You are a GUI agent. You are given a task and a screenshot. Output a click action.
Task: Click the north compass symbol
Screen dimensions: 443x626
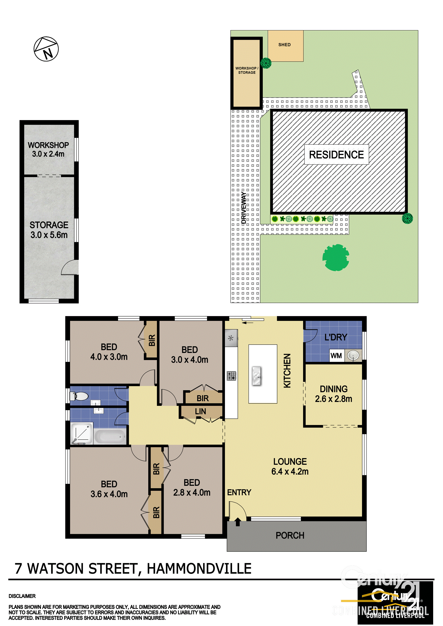pos(46,49)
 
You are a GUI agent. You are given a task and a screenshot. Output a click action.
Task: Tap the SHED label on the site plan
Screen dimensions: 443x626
pos(284,45)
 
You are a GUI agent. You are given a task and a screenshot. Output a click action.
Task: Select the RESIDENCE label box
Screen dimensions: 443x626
pos(336,155)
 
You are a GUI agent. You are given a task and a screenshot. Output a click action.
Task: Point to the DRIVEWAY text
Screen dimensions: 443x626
pos(244,208)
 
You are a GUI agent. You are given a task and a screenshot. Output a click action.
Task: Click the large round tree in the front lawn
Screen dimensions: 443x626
pos(335,257)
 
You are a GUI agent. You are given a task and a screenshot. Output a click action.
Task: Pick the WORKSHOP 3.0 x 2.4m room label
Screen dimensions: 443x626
pos(48,149)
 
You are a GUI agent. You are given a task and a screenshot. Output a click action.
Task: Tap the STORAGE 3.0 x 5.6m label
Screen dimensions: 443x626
pos(49,230)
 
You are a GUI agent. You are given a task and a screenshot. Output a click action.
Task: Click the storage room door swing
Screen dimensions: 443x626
pos(70,267)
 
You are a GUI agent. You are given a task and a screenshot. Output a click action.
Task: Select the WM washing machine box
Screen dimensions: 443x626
pos(336,355)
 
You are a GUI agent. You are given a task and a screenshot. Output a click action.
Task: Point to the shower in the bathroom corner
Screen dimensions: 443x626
pos(82,433)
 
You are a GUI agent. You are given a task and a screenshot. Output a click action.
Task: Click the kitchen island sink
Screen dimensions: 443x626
pos(257,376)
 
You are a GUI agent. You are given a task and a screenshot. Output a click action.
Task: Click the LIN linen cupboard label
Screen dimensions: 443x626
pos(200,412)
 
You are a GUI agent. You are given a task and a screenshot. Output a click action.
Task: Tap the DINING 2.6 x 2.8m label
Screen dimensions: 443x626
pos(334,394)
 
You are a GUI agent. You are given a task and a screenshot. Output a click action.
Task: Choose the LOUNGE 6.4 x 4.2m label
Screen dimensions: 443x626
pos(290,466)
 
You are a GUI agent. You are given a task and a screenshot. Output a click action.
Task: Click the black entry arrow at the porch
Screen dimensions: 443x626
pos(237,522)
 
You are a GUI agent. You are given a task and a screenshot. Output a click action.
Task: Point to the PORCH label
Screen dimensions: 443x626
pos(290,536)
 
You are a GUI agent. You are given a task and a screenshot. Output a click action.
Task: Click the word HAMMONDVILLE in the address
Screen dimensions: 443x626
pos(199,569)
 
